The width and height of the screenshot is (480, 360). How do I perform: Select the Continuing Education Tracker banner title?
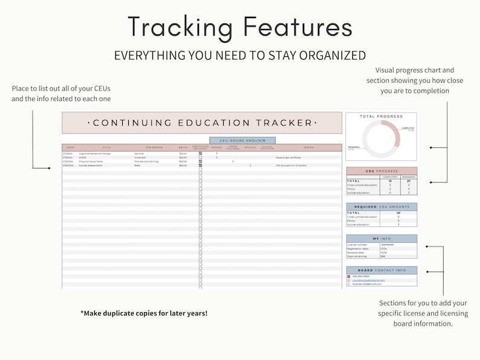coord(202,123)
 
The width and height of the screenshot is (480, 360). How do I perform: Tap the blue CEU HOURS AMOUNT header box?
coord(242,140)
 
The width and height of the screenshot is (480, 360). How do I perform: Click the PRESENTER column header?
coord(154,147)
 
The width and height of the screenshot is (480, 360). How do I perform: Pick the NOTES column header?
coord(308,147)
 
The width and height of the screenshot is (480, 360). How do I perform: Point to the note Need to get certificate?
coord(290,158)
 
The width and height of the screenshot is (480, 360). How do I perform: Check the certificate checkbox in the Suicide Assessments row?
coord(200,166)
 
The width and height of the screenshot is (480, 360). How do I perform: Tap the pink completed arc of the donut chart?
coord(395,130)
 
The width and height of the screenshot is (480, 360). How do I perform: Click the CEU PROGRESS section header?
coord(381,170)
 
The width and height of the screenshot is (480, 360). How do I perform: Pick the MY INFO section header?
coord(381,239)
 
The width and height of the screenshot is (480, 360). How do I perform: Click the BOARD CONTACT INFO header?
coord(381,270)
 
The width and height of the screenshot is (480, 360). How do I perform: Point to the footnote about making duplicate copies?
coord(144,313)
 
